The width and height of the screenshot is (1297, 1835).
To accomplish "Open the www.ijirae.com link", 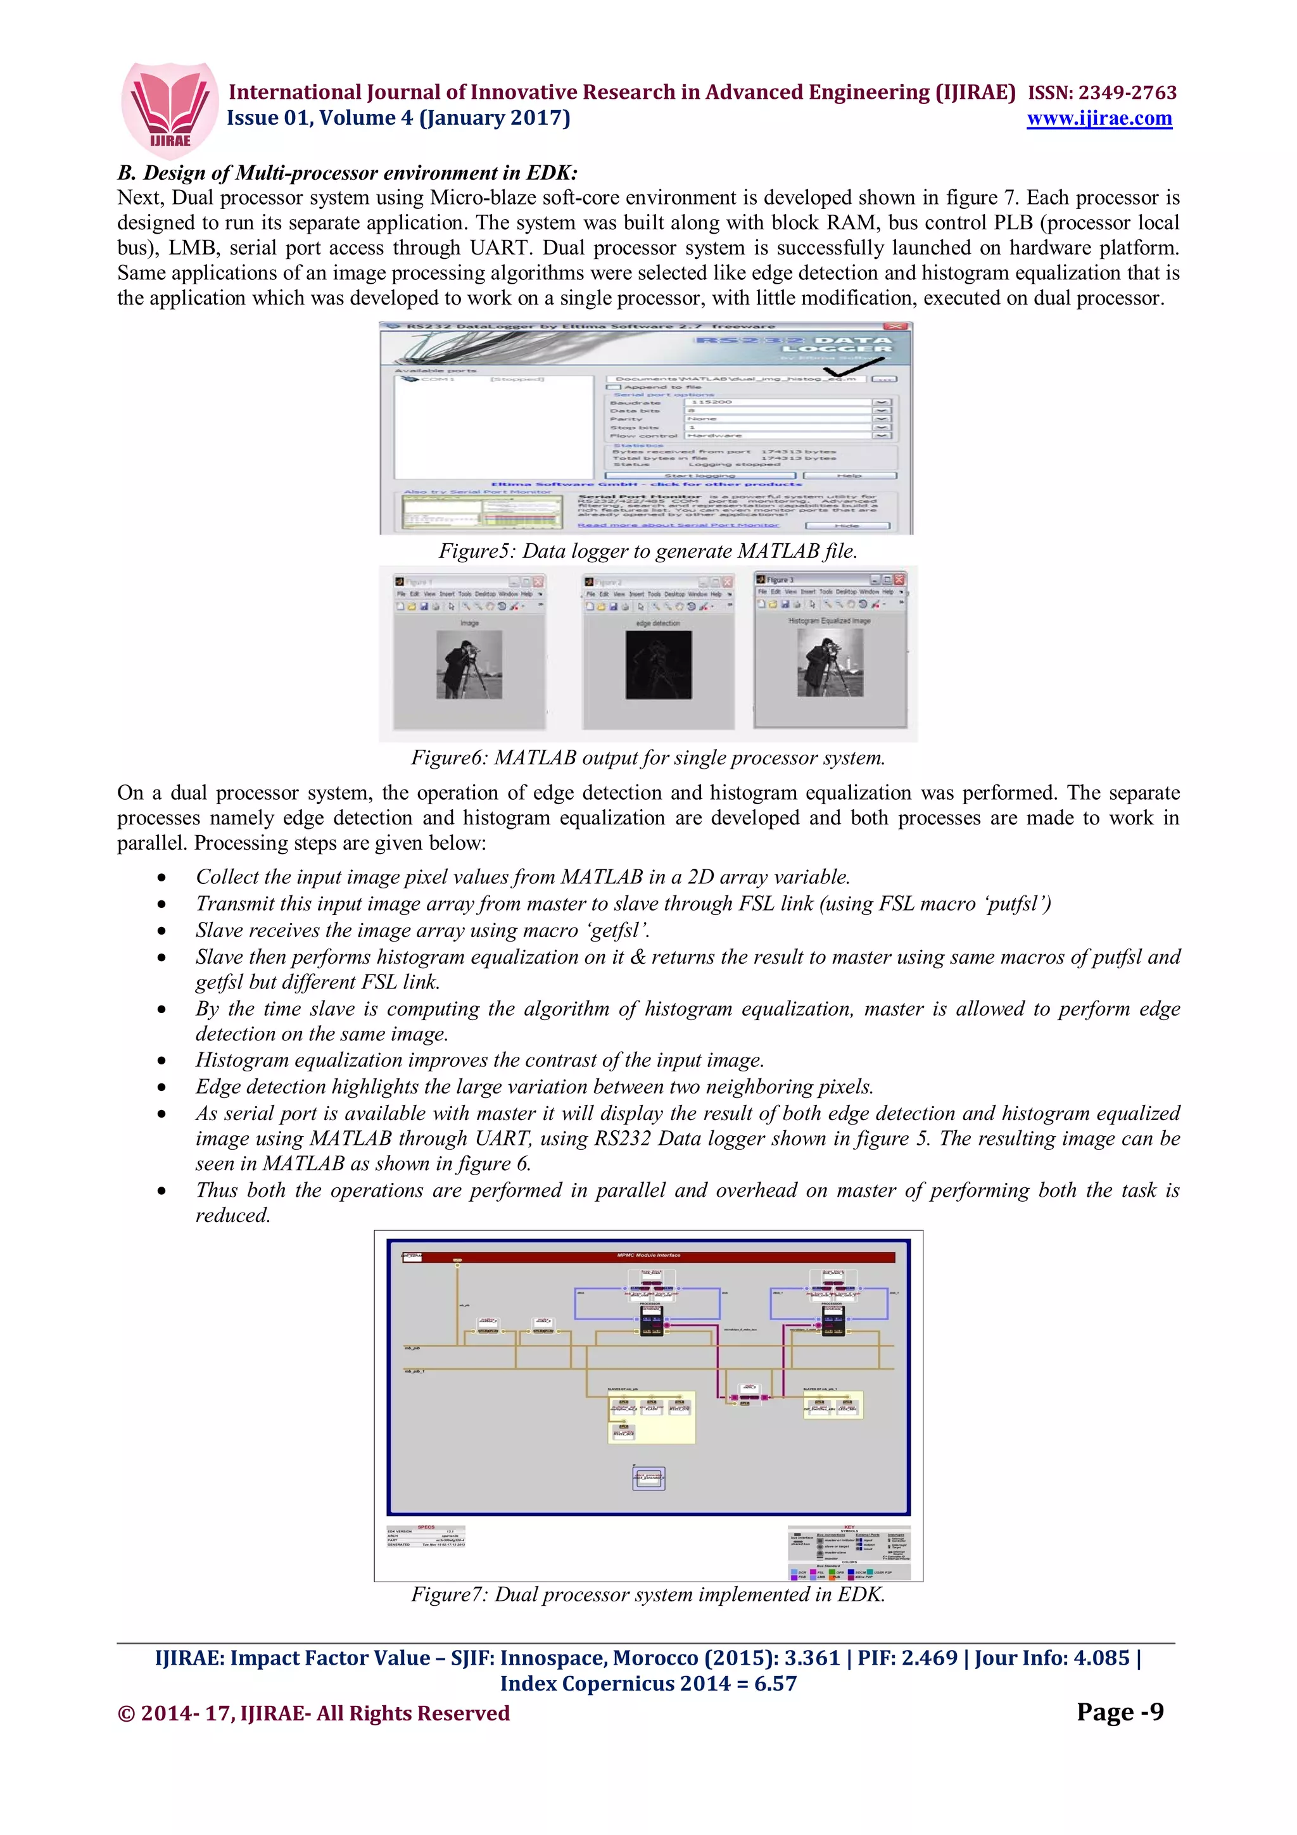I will (x=1099, y=118).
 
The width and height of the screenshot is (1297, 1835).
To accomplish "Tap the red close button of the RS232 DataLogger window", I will (x=897, y=326).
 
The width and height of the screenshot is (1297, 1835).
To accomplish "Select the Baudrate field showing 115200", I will (x=779, y=402).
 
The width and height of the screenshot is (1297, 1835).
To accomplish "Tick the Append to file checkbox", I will (x=614, y=387).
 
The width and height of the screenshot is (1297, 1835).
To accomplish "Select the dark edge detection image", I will (x=659, y=665).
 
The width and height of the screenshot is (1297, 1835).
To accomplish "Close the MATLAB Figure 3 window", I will (x=899, y=579).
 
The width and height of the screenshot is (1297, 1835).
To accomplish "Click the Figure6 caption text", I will (x=648, y=758).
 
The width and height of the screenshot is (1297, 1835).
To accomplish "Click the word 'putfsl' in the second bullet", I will (x=1017, y=904).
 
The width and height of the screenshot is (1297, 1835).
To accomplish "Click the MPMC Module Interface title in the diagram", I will (x=649, y=1256).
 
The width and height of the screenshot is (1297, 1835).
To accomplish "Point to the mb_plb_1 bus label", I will (x=414, y=1372).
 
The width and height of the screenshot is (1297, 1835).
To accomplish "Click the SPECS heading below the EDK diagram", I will (x=426, y=1527).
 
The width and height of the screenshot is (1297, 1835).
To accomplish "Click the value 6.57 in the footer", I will (x=775, y=1683).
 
